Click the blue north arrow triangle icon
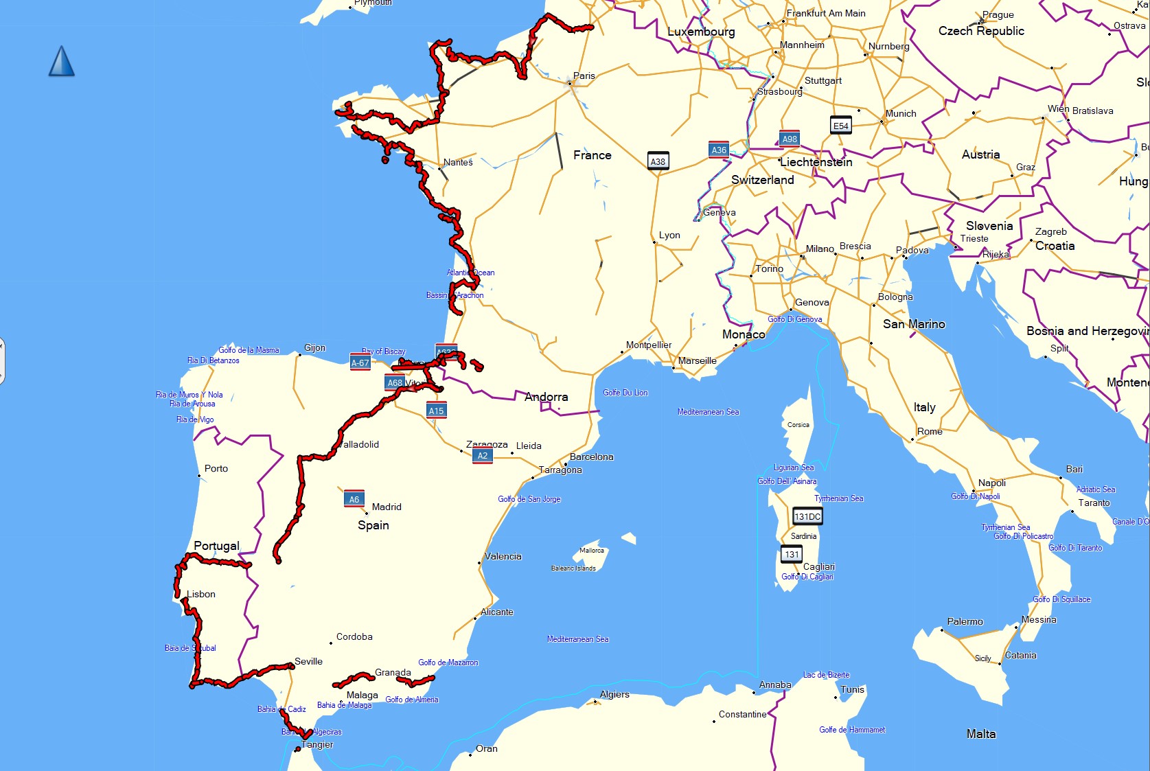(62, 61)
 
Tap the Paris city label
(584, 76)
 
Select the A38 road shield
(658, 162)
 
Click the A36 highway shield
(719, 150)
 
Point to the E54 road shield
(841, 126)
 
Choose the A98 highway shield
(790, 139)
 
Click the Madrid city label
(387, 507)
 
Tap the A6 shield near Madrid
(354, 499)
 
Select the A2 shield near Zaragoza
(483, 455)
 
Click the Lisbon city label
(201, 594)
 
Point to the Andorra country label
(547, 397)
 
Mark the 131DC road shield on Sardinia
(807, 516)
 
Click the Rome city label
(930, 431)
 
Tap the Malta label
(981, 734)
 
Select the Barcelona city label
(592, 457)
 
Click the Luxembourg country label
(701, 32)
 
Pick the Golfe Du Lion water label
(625, 393)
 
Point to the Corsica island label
(798, 425)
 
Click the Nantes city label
(458, 162)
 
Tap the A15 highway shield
(437, 411)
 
